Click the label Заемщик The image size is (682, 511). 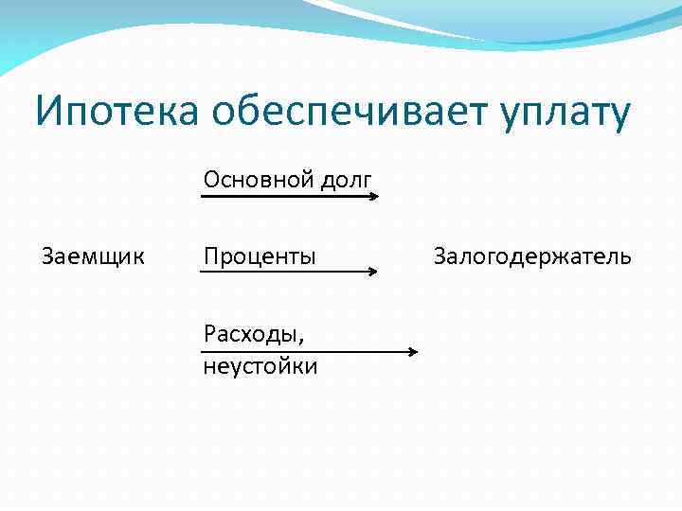94,255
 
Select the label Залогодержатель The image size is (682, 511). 531,256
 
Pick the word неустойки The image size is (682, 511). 260,366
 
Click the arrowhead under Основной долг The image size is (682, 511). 375,196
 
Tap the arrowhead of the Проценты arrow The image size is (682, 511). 373,272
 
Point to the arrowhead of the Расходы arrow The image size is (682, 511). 413,352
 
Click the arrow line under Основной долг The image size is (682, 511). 284,196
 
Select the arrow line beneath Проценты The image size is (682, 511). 284,272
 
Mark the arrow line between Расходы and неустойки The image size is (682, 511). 303,352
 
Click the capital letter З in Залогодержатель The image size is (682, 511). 440,255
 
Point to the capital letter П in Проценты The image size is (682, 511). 210,256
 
